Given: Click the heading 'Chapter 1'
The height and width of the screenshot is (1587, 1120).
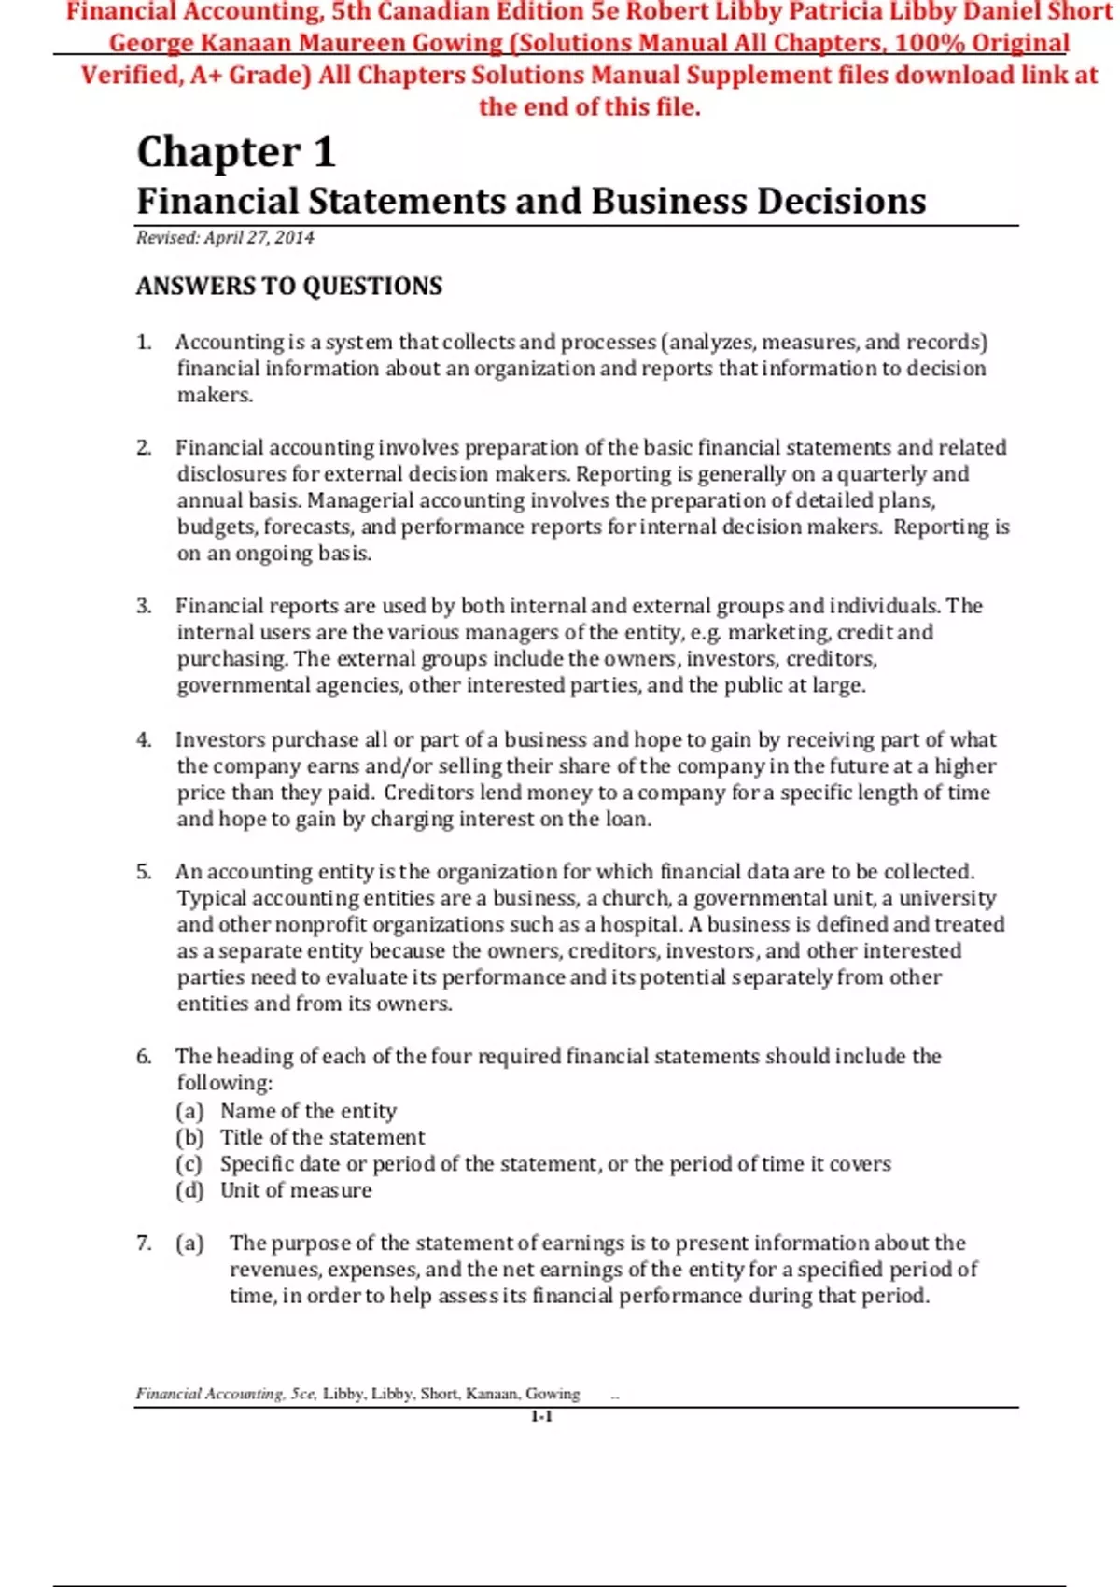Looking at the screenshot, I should pyautogui.click(x=235, y=152).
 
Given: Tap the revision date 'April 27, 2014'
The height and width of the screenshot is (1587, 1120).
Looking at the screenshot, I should pyautogui.click(x=259, y=238).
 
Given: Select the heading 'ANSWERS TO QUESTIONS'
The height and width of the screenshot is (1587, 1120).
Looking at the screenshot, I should pyautogui.click(x=289, y=287).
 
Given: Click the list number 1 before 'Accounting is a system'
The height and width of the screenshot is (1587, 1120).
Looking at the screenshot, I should pyautogui.click(x=144, y=343).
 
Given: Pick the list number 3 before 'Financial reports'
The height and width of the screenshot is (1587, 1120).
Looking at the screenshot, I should pyautogui.click(x=144, y=607).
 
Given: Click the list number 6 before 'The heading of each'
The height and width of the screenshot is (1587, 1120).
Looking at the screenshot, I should pyautogui.click(x=144, y=1057).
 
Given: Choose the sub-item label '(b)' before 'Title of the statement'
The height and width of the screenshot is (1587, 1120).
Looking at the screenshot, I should pyautogui.click(x=189, y=1138).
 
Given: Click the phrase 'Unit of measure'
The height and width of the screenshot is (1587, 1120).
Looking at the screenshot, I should pyautogui.click(x=296, y=1191).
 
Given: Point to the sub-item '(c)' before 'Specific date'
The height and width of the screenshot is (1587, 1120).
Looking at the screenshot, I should pyautogui.click(x=189, y=1164).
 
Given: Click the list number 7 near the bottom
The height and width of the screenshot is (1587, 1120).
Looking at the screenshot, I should pyautogui.click(x=144, y=1243).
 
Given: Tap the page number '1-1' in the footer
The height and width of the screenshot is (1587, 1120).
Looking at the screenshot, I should pyautogui.click(x=541, y=1417).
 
